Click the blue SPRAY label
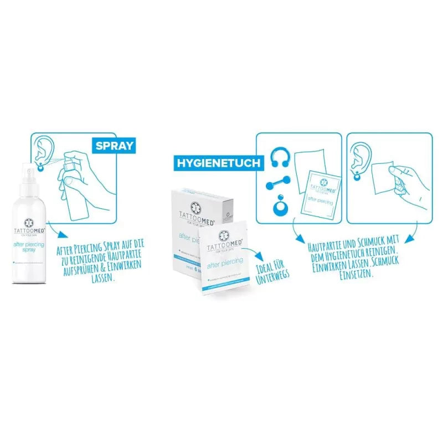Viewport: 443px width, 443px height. (x=114, y=146)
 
